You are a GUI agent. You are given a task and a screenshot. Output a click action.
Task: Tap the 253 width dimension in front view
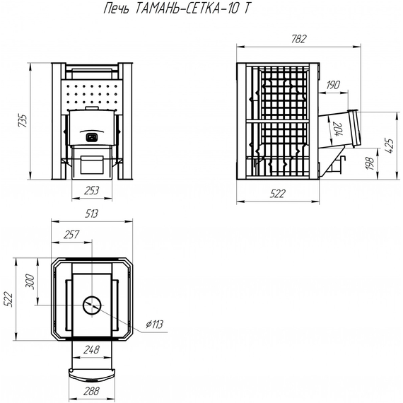tap(90, 190)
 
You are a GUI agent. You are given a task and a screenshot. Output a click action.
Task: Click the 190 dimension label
tap(334, 86)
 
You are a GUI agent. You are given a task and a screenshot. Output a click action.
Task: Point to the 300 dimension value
tap(29, 281)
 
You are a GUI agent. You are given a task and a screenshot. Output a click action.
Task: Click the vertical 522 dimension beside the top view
tap(9, 300)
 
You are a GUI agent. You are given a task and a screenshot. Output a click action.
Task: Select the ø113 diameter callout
tap(154, 325)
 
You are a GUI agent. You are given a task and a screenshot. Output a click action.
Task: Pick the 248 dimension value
tap(90, 349)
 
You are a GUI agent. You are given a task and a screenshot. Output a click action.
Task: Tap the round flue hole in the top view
tap(91, 305)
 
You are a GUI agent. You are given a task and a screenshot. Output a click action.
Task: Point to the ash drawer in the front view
tap(90, 165)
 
